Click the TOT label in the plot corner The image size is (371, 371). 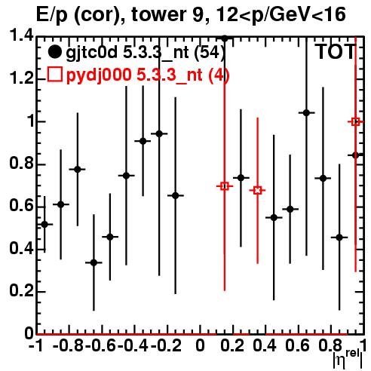[x=336, y=52]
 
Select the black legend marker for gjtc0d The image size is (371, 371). [x=54, y=52]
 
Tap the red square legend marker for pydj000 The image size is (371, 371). [x=54, y=75]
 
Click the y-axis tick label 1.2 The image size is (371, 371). [x=21, y=78]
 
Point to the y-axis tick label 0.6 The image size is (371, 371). [x=21, y=206]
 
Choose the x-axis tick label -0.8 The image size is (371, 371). [x=69, y=345]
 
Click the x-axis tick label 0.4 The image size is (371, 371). [x=265, y=345]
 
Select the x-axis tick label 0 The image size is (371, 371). [x=200, y=345]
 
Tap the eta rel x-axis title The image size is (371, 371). [x=348, y=360]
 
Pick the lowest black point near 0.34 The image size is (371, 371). [x=94, y=262]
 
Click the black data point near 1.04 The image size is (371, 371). [x=306, y=113]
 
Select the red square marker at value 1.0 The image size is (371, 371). [x=355, y=122]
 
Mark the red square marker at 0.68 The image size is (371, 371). [x=257, y=191]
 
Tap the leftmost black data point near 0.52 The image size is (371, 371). [x=44, y=224]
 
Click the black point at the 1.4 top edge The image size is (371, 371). [x=225, y=38]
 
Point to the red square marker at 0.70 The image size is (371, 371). [x=225, y=186]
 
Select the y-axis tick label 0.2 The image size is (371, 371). [x=21, y=291]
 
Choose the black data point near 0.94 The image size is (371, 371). [x=159, y=133]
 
